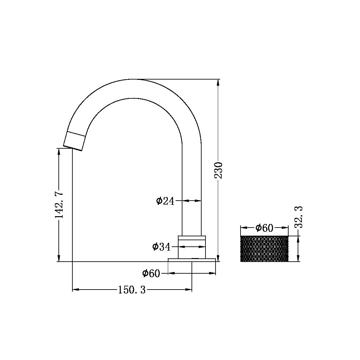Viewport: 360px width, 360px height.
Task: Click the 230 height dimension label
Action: (219, 170)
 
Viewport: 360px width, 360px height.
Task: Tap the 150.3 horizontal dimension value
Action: (131, 290)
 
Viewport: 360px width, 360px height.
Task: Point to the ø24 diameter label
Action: (165, 201)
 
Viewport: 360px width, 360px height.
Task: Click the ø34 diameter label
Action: (161, 247)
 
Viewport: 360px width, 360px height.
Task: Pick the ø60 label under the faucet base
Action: (151, 274)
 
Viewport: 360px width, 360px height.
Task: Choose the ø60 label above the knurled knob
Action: (264, 228)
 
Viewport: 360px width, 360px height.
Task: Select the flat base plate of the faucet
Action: (192, 260)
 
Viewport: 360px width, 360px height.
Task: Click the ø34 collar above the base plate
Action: (192, 247)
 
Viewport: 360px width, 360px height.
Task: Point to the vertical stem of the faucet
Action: (192, 188)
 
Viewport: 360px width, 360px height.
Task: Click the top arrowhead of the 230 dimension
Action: (218, 82)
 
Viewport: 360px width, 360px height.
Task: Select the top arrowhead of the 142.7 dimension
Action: (59, 152)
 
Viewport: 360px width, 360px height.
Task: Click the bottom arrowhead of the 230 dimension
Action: (218, 258)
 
